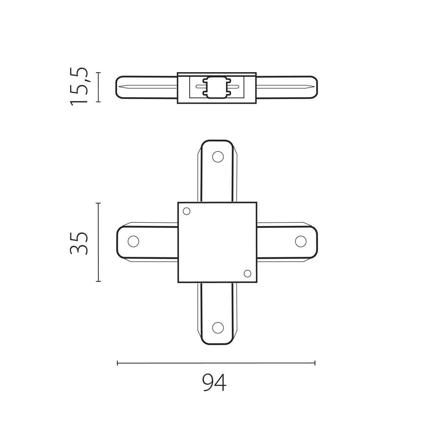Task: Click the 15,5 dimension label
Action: tap(79, 86)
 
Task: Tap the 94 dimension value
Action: tap(214, 383)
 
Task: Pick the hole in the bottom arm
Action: tap(217, 327)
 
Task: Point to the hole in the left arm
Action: tap(133, 241)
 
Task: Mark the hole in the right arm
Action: tap(301, 241)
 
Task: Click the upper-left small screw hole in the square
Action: tap(186, 211)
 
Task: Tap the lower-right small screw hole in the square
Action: tap(247, 273)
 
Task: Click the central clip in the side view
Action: tap(216, 87)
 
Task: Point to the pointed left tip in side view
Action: tap(121, 87)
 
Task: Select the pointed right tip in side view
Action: tap(312, 87)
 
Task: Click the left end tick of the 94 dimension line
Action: tap(117, 363)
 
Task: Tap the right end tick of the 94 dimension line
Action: tap(315, 363)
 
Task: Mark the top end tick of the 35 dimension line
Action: tap(98, 203)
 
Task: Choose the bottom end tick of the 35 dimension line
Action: tap(98, 281)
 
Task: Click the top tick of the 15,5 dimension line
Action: tap(98, 73)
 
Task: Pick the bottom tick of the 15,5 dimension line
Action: tap(98, 102)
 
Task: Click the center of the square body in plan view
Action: tap(217, 242)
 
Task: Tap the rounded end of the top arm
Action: tap(217, 141)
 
